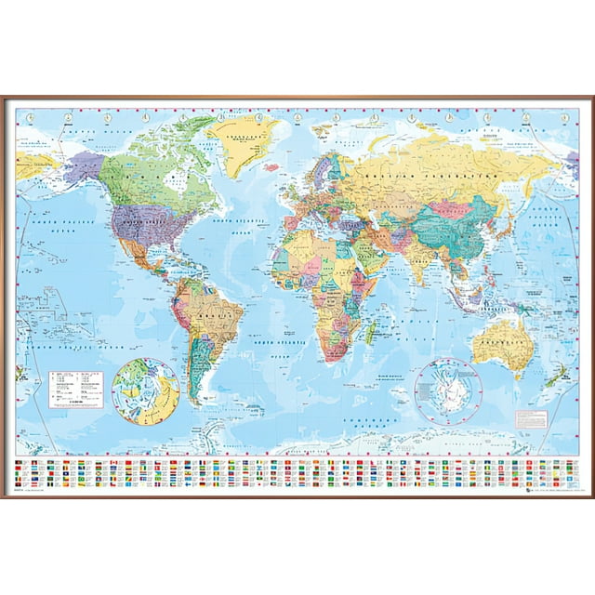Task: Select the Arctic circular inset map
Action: (146, 391)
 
